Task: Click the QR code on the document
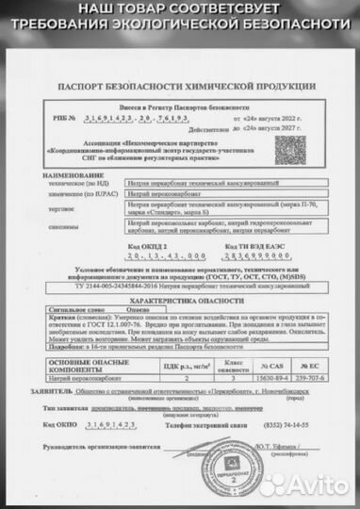point(289,150)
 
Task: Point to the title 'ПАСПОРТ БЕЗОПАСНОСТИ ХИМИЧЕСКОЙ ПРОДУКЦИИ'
point(180,84)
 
